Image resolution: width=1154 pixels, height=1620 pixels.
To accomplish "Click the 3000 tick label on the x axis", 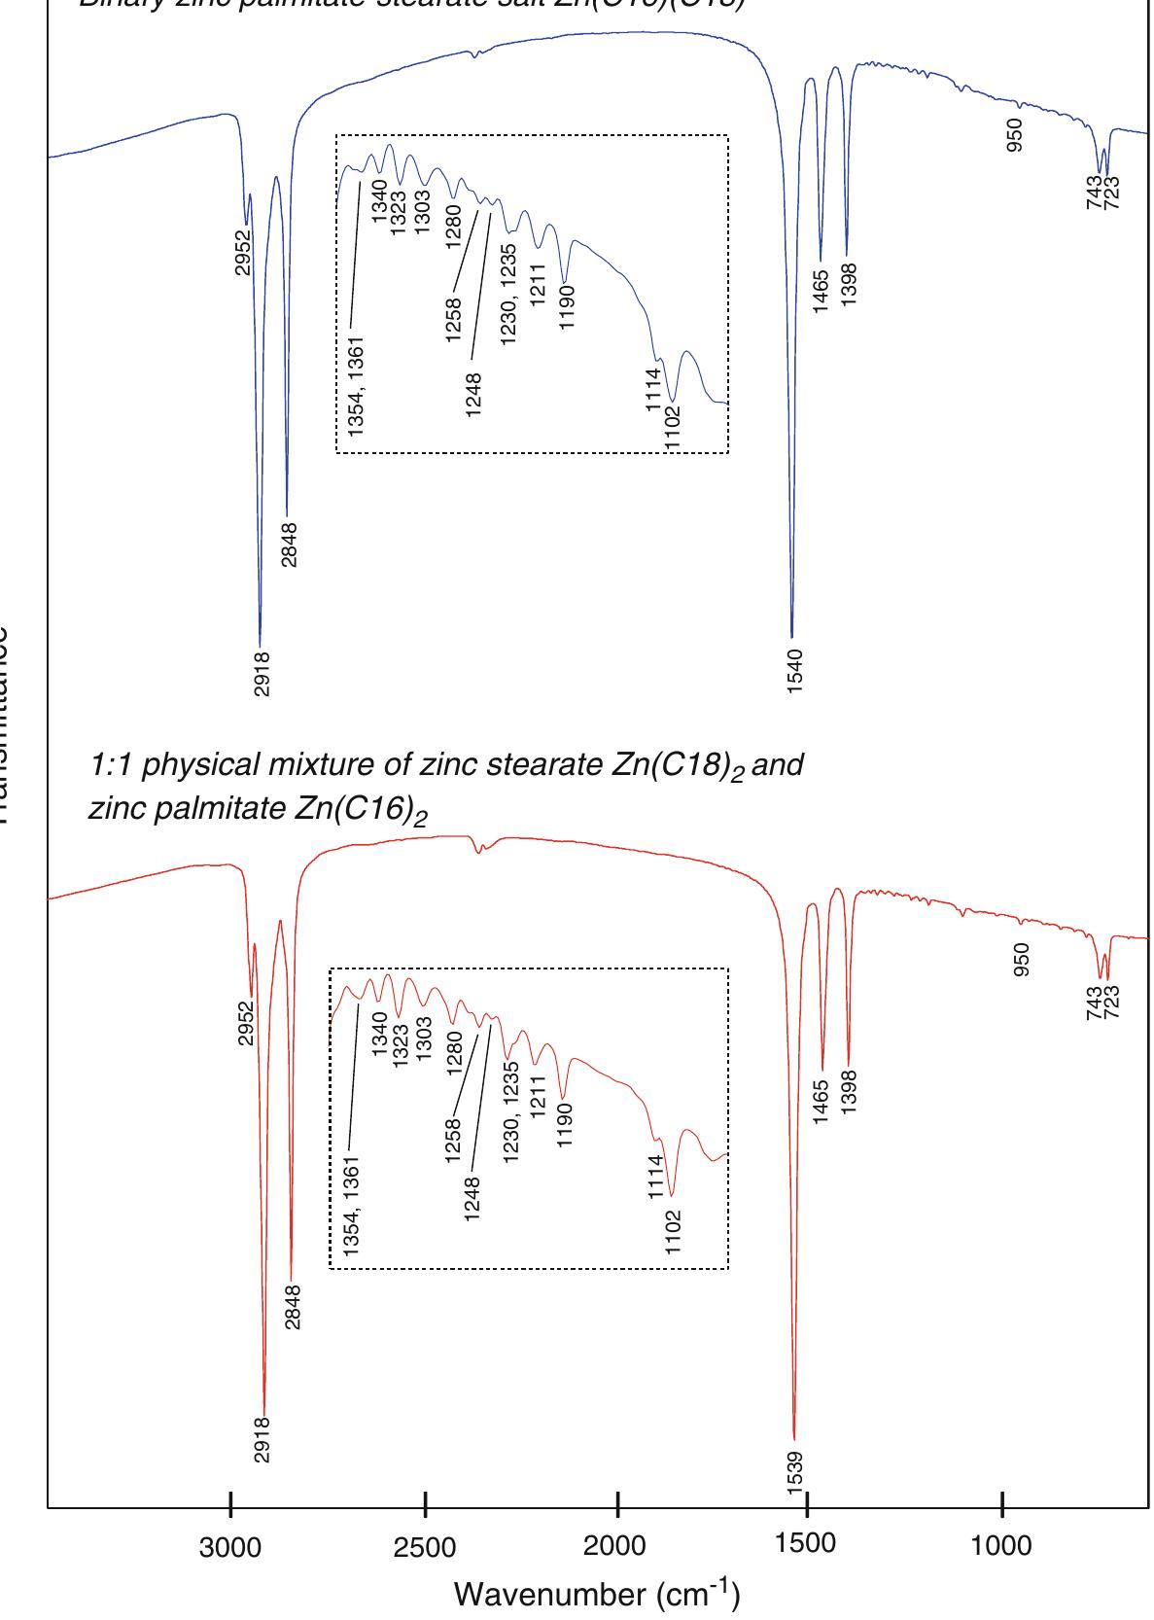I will pyautogui.click(x=230, y=1547).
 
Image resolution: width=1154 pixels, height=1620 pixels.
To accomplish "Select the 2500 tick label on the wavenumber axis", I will pyautogui.click(x=425, y=1547).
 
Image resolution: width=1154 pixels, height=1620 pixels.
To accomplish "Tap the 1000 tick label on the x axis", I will pyautogui.click(x=1000, y=1547).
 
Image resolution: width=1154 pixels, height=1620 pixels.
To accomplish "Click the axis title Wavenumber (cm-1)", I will pyautogui.click(x=597, y=1595).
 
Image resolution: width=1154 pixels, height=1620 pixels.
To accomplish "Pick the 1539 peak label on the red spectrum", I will pyautogui.click(x=795, y=1474).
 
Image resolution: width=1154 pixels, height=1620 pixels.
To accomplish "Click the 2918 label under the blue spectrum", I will pyautogui.click(x=262, y=674).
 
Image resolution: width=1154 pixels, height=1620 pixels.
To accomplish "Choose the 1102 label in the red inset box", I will pyautogui.click(x=675, y=1232).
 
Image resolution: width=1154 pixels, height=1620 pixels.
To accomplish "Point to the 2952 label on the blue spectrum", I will pyautogui.click(x=243, y=251).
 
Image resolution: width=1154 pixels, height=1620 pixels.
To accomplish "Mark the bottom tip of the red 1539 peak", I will pyautogui.click(x=794, y=1438).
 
